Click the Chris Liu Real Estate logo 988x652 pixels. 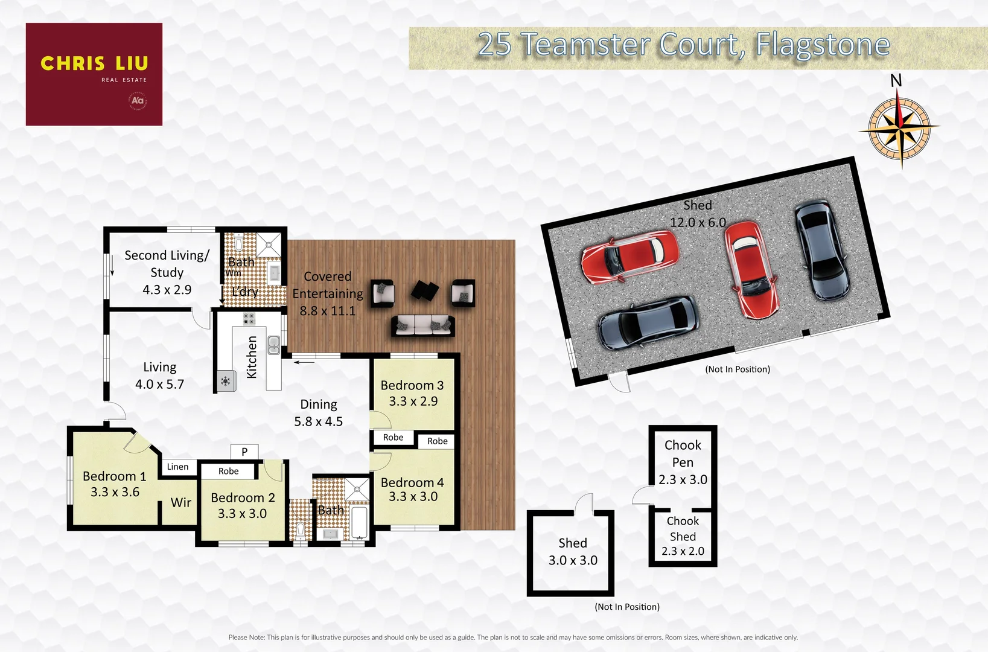94,74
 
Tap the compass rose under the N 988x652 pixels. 899,128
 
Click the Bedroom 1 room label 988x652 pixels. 114,476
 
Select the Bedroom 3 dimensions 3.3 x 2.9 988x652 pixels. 413,401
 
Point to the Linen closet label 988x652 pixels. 177,467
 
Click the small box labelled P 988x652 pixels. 244,452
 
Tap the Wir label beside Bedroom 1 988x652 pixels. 180,502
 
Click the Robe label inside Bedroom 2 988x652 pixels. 228,471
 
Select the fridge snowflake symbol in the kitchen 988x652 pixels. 226,381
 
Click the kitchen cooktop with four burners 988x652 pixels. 249,318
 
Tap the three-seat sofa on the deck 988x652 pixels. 423,325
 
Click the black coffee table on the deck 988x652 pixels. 425,290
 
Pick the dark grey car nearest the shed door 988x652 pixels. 648,323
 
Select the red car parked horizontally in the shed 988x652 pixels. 630,256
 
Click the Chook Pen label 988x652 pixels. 683,453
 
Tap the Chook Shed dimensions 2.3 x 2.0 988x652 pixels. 683,551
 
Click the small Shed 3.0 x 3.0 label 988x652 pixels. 573,551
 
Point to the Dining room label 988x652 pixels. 319,404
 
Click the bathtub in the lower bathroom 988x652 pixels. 359,523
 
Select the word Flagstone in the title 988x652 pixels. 823,45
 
